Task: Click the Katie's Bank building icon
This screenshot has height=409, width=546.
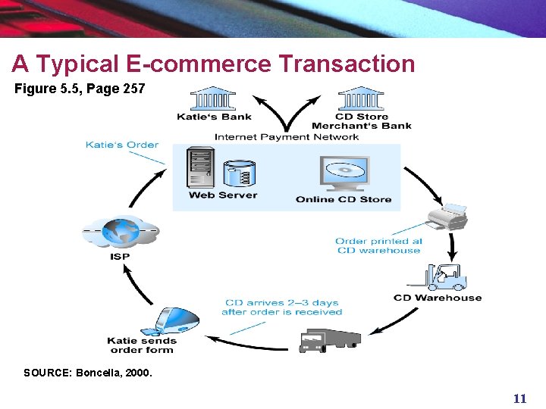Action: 213,98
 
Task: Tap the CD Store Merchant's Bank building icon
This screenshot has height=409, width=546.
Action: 361,98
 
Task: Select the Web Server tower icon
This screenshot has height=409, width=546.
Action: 200,169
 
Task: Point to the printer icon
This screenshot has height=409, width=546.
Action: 447,217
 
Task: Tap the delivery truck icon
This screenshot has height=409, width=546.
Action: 329,339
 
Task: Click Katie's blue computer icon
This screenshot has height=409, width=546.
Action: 177,321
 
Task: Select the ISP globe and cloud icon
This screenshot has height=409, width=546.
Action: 121,232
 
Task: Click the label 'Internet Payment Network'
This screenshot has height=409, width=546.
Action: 287,137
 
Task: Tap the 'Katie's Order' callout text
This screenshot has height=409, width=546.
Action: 121,145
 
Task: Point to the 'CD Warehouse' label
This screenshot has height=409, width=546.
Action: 438,298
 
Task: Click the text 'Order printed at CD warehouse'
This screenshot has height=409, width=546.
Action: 378,246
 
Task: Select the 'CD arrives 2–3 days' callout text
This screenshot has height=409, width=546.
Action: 281,307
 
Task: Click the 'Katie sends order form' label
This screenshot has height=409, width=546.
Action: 142,345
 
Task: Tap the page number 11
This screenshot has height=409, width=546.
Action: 519,398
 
